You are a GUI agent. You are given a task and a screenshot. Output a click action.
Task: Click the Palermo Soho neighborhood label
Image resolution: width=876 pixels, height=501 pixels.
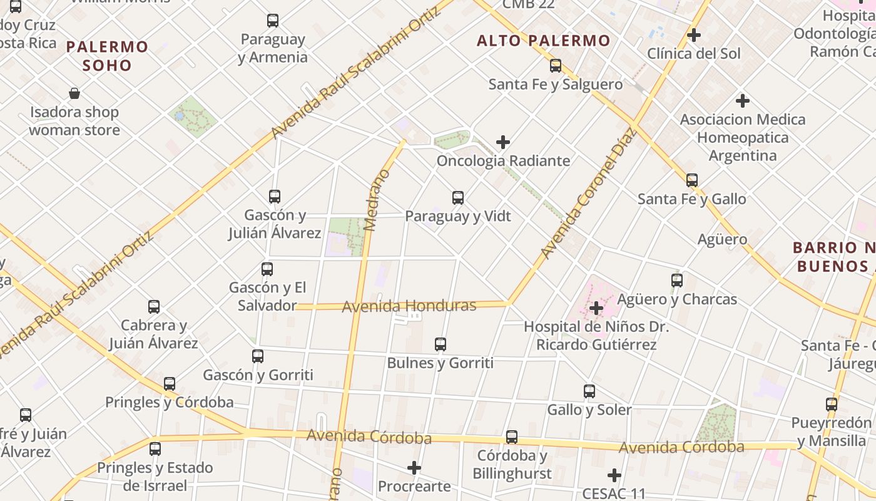pos(107,56)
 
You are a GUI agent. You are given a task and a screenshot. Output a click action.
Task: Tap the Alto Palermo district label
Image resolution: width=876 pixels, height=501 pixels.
pos(543,41)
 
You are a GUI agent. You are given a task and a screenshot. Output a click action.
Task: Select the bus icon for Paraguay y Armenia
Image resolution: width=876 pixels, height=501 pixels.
pos(273,21)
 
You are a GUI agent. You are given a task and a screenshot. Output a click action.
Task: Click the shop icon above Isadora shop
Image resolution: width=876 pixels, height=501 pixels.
pos(74,94)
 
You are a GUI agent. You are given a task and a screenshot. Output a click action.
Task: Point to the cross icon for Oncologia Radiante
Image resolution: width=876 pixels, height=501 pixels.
pos(503,143)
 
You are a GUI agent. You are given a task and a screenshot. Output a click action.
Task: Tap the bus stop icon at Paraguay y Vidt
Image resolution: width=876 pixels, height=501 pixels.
pos(458,198)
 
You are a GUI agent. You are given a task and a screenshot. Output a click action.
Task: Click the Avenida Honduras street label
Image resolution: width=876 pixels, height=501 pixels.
pos(409,306)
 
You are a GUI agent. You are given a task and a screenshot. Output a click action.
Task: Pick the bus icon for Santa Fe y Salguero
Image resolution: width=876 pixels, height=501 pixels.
pos(556,66)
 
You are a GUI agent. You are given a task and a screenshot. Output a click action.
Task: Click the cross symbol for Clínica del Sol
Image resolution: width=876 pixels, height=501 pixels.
pos(693,35)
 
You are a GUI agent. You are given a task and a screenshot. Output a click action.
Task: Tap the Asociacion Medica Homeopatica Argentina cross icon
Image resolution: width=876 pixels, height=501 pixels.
pos(743,100)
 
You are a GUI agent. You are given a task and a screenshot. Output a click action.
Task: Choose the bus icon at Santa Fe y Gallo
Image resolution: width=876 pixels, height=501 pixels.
pos(691,180)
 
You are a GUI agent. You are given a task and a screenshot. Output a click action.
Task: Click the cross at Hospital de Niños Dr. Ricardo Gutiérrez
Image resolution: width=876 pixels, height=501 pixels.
pos(596,308)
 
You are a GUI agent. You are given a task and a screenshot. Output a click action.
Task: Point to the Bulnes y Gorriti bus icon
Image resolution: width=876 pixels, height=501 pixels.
pos(441,344)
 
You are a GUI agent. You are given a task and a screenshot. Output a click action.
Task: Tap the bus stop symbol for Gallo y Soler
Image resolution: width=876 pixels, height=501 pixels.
pos(589,391)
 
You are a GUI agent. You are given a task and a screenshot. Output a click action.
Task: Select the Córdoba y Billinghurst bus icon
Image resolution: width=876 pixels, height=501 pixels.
pos(512,437)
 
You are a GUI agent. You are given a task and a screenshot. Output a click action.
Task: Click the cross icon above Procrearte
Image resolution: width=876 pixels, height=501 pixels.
pos(414,468)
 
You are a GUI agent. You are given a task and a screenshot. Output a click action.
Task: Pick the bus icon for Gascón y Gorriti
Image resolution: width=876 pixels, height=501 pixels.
pos(258,356)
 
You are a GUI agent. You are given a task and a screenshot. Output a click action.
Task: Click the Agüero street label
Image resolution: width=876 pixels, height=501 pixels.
pos(722,239)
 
